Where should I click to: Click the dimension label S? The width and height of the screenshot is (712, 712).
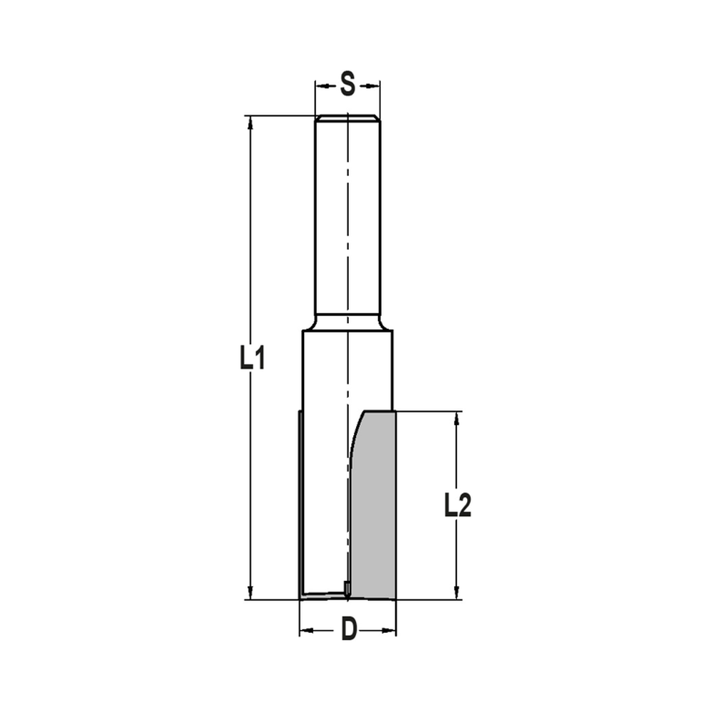click(x=347, y=85)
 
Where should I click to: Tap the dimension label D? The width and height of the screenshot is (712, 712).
click(x=348, y=629)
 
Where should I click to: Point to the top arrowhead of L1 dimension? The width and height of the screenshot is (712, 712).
click(x=250, y=123)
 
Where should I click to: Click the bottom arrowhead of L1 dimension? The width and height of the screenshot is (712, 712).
click(x=250, y=592)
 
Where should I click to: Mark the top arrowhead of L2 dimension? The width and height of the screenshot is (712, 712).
click(x=457, y=419)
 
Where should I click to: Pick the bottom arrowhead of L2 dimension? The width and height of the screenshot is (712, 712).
click(x=457, y=592)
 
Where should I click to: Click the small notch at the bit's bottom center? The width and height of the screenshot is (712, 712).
click(x=346, y=588)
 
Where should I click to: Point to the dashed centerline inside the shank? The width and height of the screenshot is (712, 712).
click(x=347, y=214)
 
